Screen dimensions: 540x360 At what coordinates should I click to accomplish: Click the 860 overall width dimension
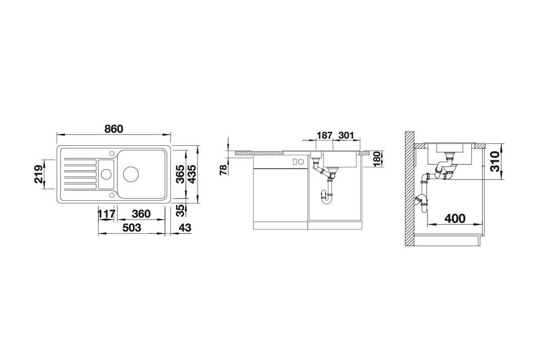(113, 129)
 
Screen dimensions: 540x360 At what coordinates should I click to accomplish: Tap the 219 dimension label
(39, 174)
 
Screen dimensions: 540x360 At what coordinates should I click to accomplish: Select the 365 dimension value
(180, 174)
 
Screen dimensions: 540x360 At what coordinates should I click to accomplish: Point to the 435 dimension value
(192, 174)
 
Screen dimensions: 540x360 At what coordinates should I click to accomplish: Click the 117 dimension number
(107, 214)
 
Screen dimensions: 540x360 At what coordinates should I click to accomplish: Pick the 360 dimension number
(141, 214)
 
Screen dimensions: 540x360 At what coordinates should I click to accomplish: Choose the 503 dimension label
(131, 228)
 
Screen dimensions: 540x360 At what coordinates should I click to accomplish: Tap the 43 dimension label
(185, 228)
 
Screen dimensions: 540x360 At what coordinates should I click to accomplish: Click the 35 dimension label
(180, 211)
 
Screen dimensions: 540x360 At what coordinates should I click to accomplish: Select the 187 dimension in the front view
(324, 135)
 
